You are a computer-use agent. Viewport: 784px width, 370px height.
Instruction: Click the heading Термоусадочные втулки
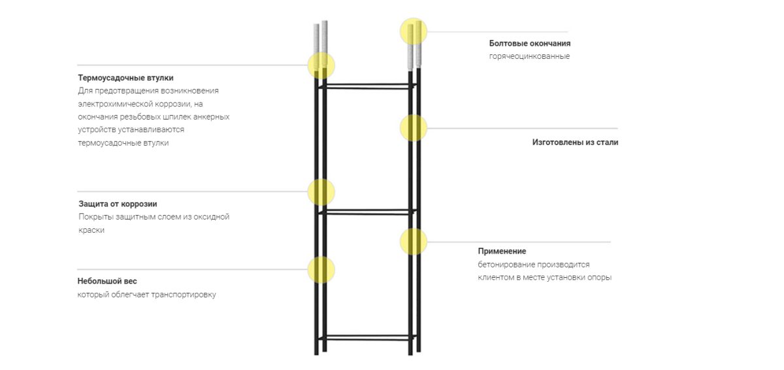coord(125,78)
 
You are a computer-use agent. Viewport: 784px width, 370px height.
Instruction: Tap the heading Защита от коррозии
coord(118,204)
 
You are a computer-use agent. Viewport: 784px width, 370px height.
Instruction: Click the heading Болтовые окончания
coord(529,43)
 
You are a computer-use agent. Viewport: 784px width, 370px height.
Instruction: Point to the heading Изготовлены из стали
coord(575,142)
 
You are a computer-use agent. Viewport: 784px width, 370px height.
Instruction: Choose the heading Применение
coord(501,251)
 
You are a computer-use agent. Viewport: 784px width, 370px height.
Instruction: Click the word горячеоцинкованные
coord(529,56)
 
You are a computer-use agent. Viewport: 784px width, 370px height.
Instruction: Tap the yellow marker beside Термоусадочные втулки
coord(321,65)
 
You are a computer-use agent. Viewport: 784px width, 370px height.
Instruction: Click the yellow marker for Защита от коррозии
coord(321,192)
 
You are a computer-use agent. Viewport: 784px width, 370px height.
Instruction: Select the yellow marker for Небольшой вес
coord(321,269)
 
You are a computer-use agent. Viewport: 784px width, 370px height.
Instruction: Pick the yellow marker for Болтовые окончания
coord(414,31)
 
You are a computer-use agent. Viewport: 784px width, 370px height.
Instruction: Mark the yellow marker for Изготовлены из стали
coord(414,127)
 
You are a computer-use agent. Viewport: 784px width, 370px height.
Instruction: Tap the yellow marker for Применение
coord(414,242)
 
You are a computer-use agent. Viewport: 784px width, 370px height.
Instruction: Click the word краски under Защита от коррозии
coord(91,230)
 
